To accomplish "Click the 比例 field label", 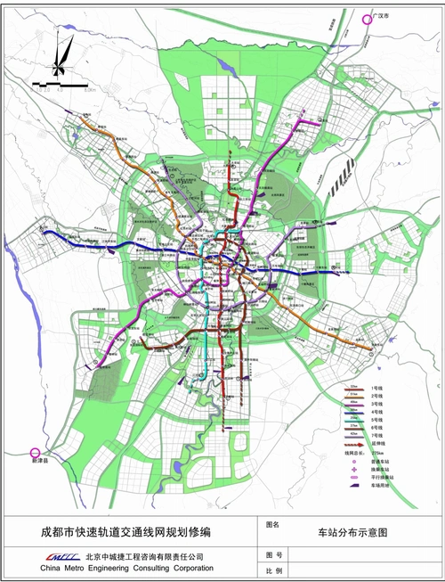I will coord(274,570).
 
